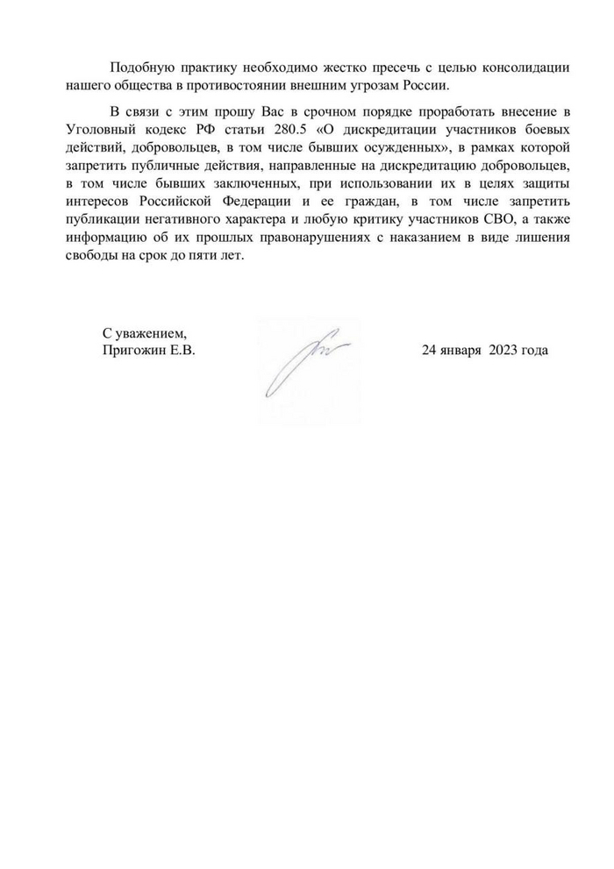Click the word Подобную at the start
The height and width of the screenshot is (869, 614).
click(139, 68)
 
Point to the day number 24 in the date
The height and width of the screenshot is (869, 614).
click(429, 351)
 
